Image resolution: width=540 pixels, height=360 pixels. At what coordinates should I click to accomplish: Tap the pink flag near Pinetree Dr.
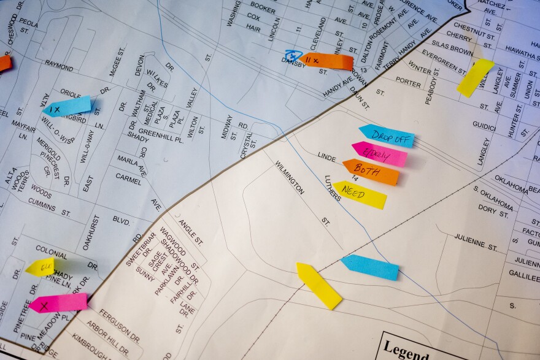point(58,303)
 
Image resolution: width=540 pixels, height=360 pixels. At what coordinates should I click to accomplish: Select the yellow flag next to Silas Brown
point(475,77)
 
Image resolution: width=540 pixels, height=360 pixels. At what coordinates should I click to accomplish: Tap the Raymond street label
point(59,64)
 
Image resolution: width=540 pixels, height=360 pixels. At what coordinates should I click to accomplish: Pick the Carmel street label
point(128,178)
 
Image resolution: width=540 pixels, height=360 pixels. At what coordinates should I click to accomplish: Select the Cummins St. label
point(50,207)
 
